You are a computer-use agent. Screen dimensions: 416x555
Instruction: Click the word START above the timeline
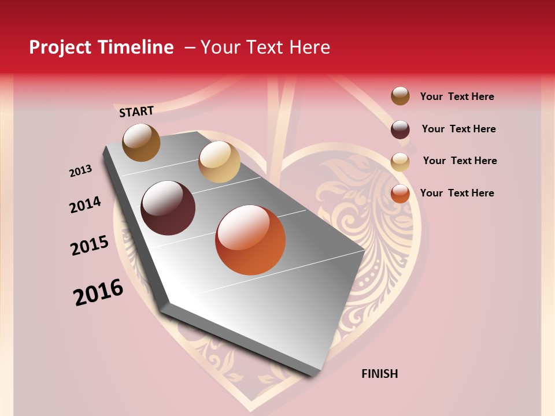pyautogui.click(x=136, y=111)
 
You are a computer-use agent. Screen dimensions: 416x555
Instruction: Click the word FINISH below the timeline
pyautogui.click(x=380, y=374)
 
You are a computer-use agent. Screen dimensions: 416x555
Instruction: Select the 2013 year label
pyautogui.click(x=80, y=171)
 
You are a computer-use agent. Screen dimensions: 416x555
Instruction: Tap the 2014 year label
pyautogui.click(x=85, y=205)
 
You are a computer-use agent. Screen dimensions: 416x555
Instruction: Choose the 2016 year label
pyautogui.click(x=98, y=292)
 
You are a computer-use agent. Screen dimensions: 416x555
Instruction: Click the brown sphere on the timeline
pyautogui.click(x=141, y=142)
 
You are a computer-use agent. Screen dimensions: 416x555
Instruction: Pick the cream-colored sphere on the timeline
pyautogui.click(x=219, y=162)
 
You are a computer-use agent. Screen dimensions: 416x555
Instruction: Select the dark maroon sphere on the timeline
pyautogui.click(x=168, y=208)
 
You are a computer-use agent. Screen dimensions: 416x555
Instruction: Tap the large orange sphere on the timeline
pyautogui.click(x=250, y=240)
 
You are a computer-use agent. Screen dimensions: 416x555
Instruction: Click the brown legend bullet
pyautogui.click(x=400, y=96)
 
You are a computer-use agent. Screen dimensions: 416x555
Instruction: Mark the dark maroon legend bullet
pyautogui.click(x=400, y=129)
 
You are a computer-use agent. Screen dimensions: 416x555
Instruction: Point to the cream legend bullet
pyautogui.click(x=400, y=162)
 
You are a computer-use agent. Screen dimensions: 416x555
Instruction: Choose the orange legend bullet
pyautogui.click(x=400, y=194)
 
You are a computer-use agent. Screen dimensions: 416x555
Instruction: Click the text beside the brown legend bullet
pyautogui.click(x=457, y=96)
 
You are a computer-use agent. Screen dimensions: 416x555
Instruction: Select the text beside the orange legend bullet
pyautogui.click(x=457, y=193)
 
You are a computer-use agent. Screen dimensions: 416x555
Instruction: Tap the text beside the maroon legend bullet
pyautogui.click(x=458, y=129)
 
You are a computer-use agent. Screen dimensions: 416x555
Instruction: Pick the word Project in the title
pyautogui.click(x=60, y=47)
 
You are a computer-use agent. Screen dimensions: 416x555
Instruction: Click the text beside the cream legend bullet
pyautogui.click(x=460, y=161)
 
